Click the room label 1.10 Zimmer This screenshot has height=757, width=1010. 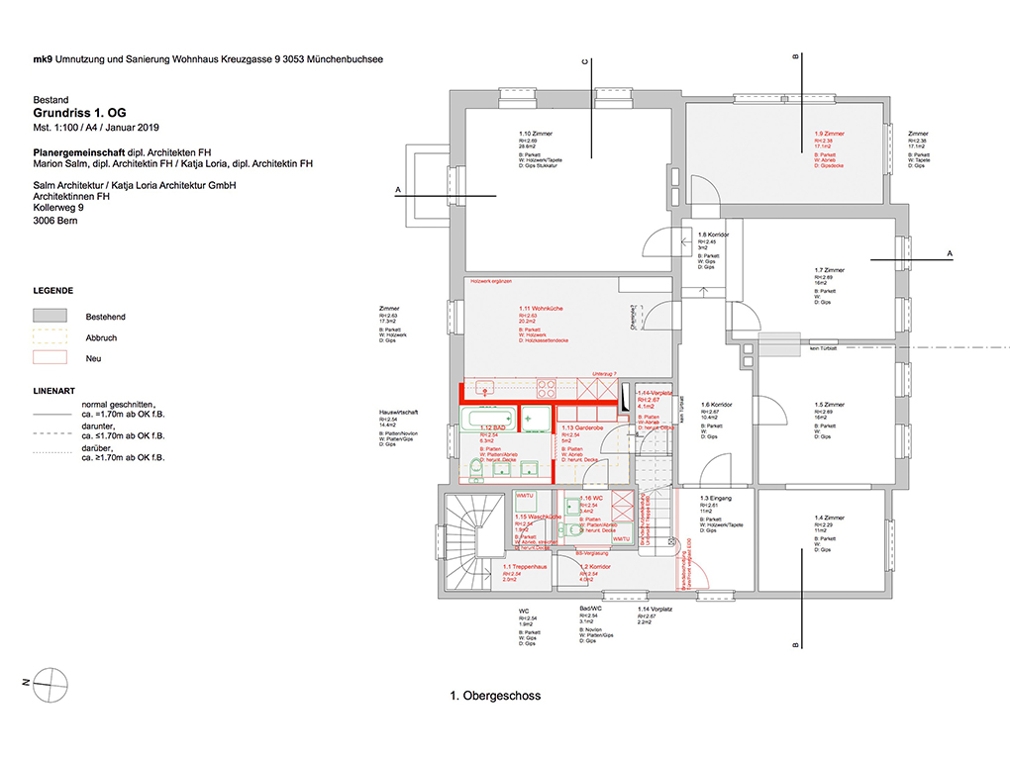[x=536, y=133]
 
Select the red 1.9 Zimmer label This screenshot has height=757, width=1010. [x=829, y=133]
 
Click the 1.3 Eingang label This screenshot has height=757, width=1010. [x=715, y=498]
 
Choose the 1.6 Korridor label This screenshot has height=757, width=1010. [x=715, y=404]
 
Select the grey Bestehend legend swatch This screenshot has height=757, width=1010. [x=50, y=316]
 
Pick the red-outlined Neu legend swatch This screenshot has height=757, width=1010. [x=50, y=357]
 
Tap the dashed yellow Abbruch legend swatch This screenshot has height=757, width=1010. [x=50, y=336]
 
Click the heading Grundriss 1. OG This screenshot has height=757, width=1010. [x=79, y=114]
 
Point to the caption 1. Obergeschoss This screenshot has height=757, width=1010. [x=495, y=696]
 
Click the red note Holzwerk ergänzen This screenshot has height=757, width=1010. [x=492, y=282]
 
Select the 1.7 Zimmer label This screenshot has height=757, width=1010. [x=829, y=269]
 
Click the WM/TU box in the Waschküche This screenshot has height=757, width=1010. [x=524, y=496]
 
